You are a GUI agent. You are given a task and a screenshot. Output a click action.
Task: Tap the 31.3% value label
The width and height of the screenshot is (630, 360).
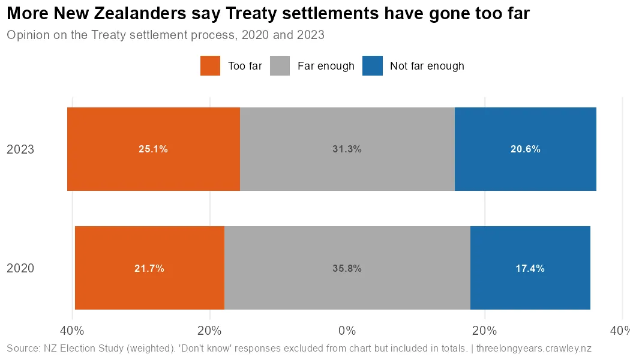click(x=347, y=149)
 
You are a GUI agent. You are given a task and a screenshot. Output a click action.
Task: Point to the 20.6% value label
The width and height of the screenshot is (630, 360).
click(x=525, y=149)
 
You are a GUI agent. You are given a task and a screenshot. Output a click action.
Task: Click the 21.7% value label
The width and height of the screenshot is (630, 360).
click(x=149, y=269)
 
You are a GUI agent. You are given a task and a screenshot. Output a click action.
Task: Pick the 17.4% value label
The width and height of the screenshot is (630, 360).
click(x=530, y=269)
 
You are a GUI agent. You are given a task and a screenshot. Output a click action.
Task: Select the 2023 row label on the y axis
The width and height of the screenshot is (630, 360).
click(x=20, y=149)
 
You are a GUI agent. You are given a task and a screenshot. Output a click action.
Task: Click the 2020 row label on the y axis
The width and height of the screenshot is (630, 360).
click(x=20, y=268)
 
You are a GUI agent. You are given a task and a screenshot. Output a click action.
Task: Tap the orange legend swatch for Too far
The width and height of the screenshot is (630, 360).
click(x=211, y=66)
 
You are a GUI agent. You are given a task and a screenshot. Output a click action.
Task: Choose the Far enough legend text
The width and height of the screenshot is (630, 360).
click(x=326, y=66)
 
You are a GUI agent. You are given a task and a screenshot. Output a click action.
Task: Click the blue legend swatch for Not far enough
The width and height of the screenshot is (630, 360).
click(x=373, y=66)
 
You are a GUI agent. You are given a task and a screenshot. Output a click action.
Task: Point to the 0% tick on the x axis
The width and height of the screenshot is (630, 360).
click(x=347, y=331)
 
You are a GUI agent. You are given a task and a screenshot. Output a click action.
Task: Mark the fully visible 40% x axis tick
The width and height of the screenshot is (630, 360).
click(x=71, y=331)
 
